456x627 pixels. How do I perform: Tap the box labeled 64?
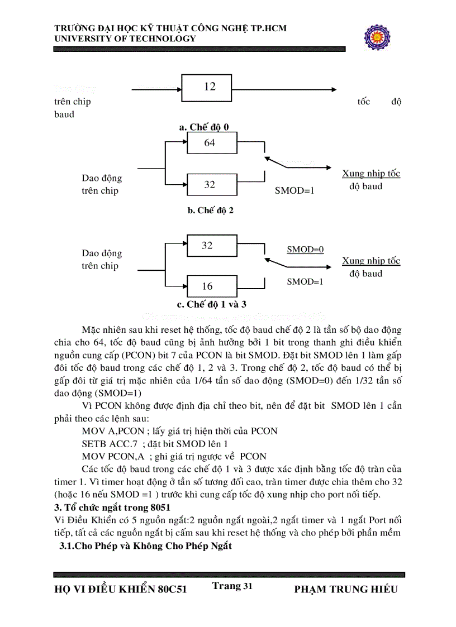(209, 143)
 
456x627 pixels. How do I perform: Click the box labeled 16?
(208, 286)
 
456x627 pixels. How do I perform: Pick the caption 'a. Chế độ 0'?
(204, 127)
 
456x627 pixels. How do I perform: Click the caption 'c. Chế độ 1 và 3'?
(212, 305)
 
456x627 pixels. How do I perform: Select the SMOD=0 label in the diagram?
(305, 250)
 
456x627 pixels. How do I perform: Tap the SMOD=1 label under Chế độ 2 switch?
(294, 190)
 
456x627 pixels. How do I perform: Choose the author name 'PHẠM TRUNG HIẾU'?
(345, 590)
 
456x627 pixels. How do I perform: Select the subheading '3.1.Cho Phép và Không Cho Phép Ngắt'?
(145, 546)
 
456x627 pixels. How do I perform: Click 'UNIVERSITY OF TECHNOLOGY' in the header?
(125, 39)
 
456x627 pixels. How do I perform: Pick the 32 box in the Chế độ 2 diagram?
(209, 184)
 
